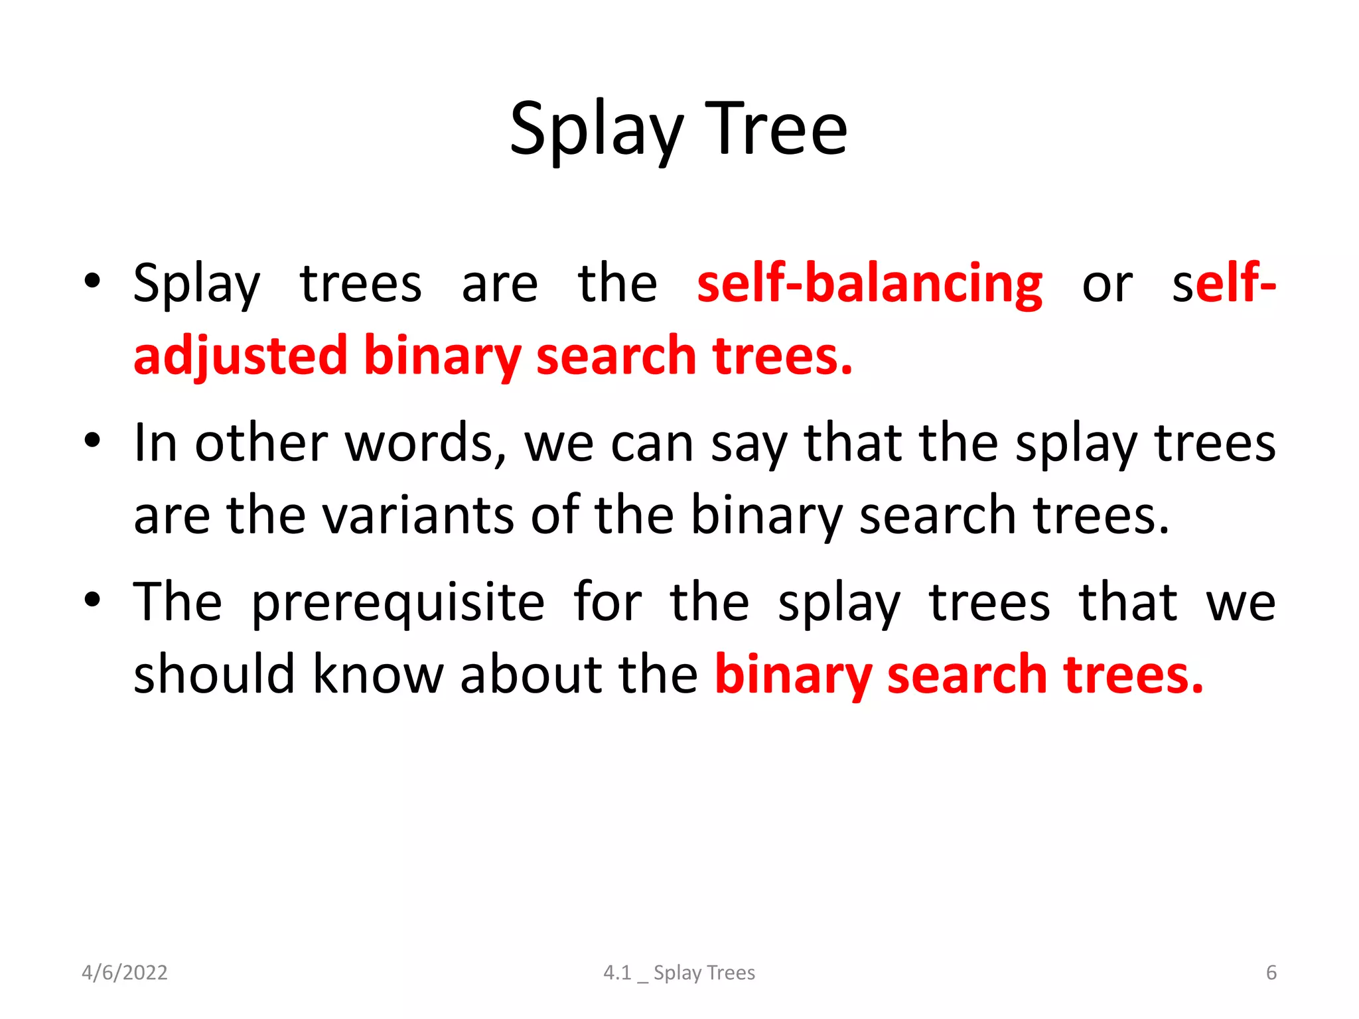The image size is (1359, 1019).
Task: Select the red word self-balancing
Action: point(869,284)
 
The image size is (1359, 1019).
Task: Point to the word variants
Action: point(417,515)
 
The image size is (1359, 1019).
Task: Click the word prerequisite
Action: point(398,602)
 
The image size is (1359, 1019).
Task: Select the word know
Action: point(378,675)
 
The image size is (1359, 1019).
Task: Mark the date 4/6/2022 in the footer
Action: point(125,973)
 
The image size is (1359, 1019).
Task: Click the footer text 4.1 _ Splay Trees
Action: point(679,973)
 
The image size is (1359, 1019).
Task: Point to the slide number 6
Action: point(1271,973)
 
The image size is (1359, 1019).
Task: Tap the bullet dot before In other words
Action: point(92,441)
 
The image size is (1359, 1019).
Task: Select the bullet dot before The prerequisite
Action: point(92,600)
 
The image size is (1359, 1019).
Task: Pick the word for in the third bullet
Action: point(607,602)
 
